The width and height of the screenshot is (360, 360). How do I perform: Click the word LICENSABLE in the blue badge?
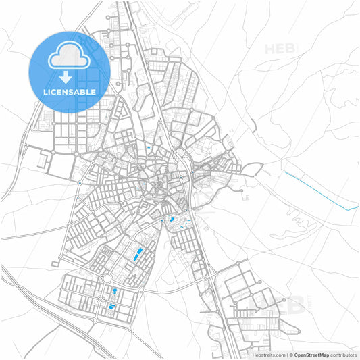click(70, 91)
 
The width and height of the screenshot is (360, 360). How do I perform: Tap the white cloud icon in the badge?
click(70, 57)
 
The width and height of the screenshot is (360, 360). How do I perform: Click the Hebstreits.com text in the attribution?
click(269, 355)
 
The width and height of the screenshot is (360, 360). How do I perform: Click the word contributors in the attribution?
click(343, 355)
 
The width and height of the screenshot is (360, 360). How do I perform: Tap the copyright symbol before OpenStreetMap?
click(290, 355)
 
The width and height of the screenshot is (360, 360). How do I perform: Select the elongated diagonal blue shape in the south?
click(138, 255)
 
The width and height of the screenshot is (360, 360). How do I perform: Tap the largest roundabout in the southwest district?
click(107, 278)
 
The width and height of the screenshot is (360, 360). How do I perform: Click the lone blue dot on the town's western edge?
click(80, 182)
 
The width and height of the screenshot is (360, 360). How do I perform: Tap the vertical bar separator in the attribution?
click(286, 355)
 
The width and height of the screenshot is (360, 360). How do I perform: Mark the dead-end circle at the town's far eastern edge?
click(241, 191)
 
